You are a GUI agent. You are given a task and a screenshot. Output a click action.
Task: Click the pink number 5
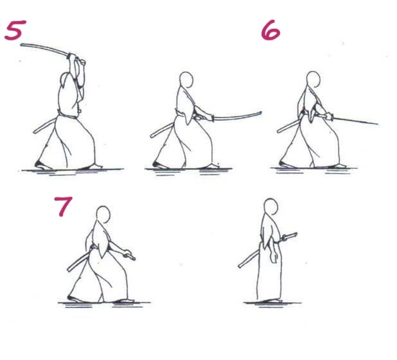point(15,30)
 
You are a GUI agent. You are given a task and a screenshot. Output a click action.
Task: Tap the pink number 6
point(270,30)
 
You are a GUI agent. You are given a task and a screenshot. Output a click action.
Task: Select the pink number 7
point(64,207)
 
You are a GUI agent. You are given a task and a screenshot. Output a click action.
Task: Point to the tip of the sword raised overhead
point(22,45)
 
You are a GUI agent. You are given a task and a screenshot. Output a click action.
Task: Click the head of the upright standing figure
point(271,207)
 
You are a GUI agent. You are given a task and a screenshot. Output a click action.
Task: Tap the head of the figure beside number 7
point(103,214)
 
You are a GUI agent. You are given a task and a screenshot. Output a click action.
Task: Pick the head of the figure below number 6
point(313,80)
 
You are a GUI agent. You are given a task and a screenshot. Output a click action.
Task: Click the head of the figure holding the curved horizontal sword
point(186,80)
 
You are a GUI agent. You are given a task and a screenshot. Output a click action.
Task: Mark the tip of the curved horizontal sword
point(261,112)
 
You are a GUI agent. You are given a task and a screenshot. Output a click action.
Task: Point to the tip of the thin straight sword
point(378,124)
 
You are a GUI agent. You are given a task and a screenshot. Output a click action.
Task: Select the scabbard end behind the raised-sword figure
point(35,132)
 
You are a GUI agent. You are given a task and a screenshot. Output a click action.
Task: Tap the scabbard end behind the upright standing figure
point(240,266)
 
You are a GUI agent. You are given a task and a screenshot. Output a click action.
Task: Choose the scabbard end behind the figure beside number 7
point(69,270)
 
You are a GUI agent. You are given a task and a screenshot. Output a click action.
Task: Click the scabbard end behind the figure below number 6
point(278,131)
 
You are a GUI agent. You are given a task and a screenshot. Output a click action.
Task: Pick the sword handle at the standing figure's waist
point(289,237)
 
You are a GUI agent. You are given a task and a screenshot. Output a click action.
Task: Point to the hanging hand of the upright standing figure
point(274,257)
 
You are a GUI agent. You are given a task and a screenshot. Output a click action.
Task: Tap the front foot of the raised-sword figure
point(95,166)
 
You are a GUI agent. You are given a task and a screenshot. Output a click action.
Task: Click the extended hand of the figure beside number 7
point(128,254)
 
